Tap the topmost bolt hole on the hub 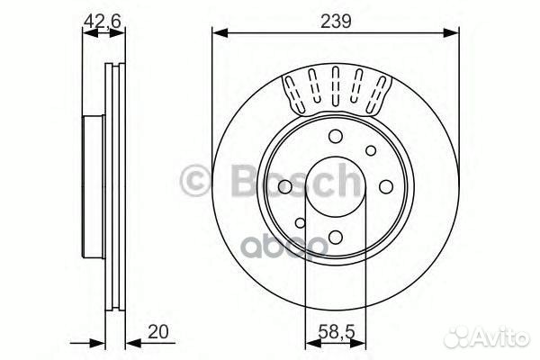[335, 137]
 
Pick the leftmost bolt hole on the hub [283, 186]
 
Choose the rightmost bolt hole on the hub [386, 186]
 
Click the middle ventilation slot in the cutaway [335, 85]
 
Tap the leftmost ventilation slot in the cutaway [292, 91]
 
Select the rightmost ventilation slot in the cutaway [380, 90]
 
